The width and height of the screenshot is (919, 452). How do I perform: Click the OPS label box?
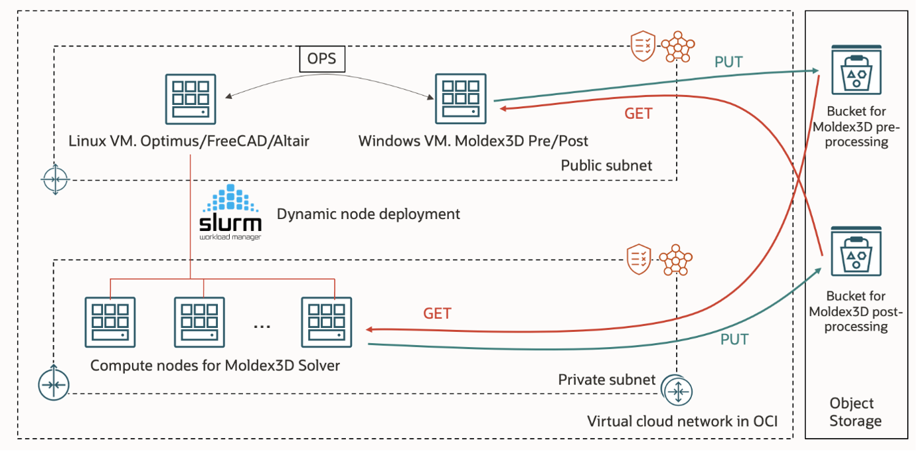321,58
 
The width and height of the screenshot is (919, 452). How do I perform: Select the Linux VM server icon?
190,99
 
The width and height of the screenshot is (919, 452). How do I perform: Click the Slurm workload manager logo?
231,212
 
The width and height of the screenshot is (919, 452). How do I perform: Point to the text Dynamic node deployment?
368,214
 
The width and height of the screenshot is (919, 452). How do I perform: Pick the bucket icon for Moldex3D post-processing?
856,253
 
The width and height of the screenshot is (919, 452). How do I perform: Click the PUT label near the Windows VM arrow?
728,62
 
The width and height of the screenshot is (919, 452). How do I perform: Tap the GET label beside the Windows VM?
638,113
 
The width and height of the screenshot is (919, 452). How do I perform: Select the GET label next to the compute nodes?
437,313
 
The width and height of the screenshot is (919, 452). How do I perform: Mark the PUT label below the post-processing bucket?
734,340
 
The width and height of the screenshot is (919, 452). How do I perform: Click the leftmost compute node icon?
110,322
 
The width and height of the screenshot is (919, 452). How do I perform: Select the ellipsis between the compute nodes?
262,325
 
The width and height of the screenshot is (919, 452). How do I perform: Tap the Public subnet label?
606,165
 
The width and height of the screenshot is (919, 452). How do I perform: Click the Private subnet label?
606,380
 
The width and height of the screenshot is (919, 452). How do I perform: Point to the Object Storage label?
855,412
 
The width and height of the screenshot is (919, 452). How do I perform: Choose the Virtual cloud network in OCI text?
682,421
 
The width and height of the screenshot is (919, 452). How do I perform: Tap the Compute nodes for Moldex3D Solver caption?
215,365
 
